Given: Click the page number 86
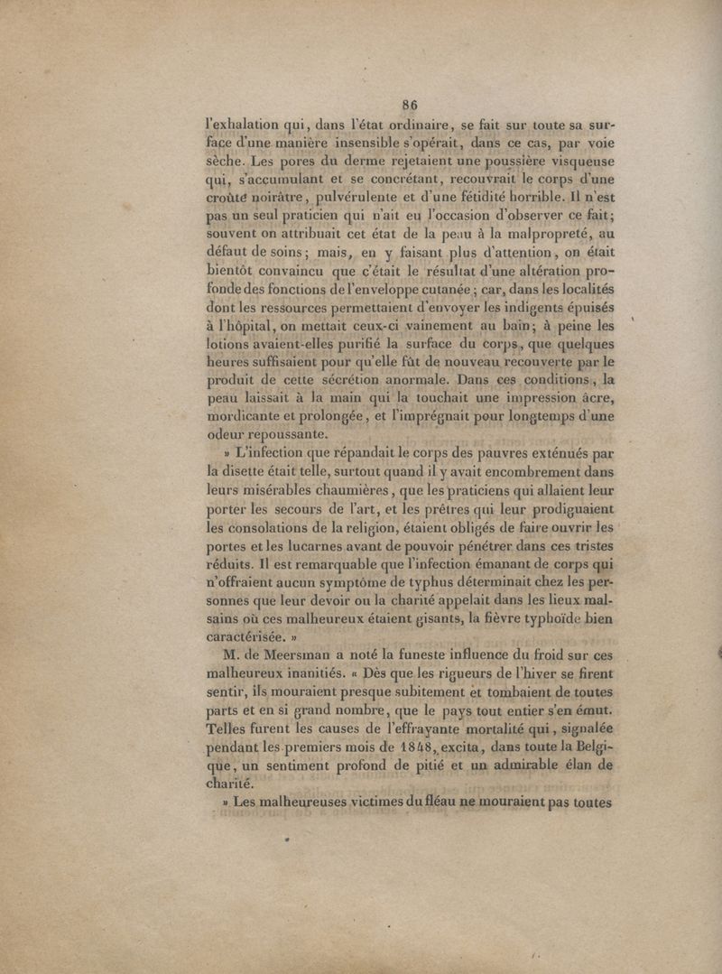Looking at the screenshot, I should (x=410, y=105).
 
